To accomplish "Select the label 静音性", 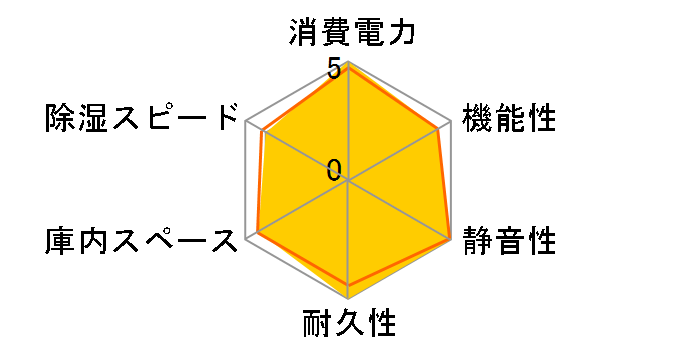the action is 509,242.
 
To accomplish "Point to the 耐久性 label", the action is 348,325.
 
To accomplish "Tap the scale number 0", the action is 334,169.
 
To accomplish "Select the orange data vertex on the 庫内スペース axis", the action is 258,233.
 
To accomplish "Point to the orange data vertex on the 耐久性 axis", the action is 348,285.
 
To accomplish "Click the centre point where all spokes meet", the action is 348,181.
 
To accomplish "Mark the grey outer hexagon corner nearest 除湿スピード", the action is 246,122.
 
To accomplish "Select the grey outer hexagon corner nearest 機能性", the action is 450,122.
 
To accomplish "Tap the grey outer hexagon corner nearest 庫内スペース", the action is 246,240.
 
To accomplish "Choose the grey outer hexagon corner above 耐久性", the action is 348,299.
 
